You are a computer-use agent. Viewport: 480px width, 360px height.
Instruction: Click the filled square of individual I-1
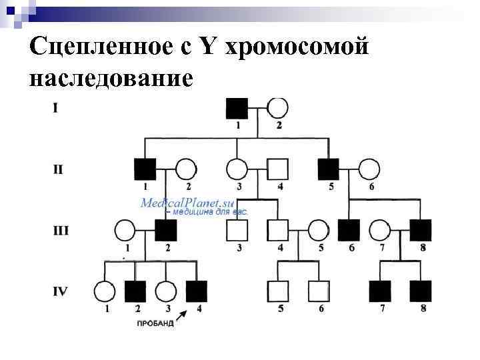click(x=237, y=108)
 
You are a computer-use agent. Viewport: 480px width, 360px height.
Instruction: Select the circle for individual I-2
click(x=277, y=108)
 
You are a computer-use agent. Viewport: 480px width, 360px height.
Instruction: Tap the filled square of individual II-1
click(x=145, y=169)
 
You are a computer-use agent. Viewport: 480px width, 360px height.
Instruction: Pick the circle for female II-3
click(x=237, y=169)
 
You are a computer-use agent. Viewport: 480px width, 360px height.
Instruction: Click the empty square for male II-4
click(x=277, y=169)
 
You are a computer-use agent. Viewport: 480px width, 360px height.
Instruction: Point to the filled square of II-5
click(x=328, y=169)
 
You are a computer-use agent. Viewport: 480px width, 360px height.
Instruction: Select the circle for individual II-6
click(x=369, y=169)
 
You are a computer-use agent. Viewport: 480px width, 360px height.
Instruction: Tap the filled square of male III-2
click(x=166, y=230)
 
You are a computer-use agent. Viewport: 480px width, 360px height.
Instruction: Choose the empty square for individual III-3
click(x=237, y=230)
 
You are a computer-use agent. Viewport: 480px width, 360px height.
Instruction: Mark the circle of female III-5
click(x=318, y=230)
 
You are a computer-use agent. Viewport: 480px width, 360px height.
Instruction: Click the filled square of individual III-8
click(x=421, y=230)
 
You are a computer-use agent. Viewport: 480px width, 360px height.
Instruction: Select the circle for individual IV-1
click(x=104, y=291)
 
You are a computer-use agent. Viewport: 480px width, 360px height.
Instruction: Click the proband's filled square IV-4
click(x=196, y=291)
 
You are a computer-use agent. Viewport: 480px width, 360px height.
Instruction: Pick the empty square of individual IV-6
click(x=318, y=291)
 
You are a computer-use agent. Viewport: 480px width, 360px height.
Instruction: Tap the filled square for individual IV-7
click(x=379, y=291)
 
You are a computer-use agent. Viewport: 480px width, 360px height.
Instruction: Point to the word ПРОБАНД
click(x=155, y=323)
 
